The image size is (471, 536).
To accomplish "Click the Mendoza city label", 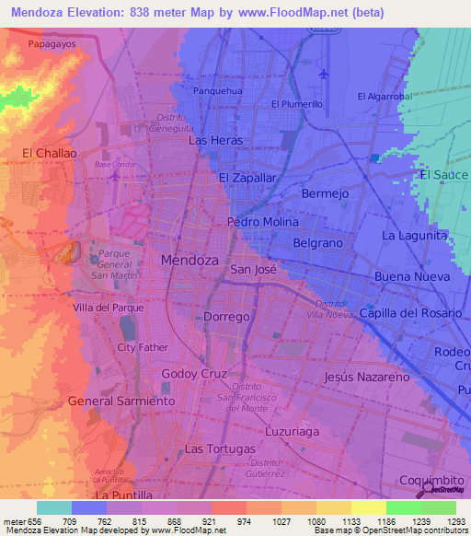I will tap(190, 261).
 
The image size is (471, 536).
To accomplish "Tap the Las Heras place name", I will tap(215, 141).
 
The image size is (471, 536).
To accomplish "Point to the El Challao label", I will tap(49, 153).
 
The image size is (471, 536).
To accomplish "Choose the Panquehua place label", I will tap(218, 91).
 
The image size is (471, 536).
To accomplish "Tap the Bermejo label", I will tap(326, 194).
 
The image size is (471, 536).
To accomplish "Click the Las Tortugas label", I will tap(219, 449).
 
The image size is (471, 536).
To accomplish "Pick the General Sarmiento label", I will tap(121, 402).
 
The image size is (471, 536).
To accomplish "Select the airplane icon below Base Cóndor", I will tap(114, 175).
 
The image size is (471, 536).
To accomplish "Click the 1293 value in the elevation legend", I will tap(455, 520).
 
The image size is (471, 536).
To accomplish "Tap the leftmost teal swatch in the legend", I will tap(53, 507).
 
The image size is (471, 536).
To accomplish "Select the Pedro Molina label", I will tap(262, 223).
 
